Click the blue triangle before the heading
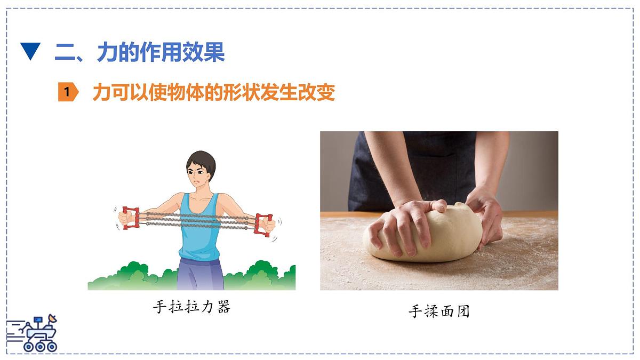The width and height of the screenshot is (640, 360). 30,52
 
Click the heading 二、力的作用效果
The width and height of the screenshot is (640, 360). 140,52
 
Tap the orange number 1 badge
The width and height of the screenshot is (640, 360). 68,92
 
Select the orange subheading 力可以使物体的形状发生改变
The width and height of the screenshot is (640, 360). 213,92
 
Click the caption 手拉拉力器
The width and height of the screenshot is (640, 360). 191,307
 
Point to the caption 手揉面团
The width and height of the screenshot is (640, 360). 439,311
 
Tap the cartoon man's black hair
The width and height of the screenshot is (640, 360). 202,159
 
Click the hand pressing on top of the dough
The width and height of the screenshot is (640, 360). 405,221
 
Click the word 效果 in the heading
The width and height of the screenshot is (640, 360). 203,52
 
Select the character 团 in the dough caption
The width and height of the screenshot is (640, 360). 462,311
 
